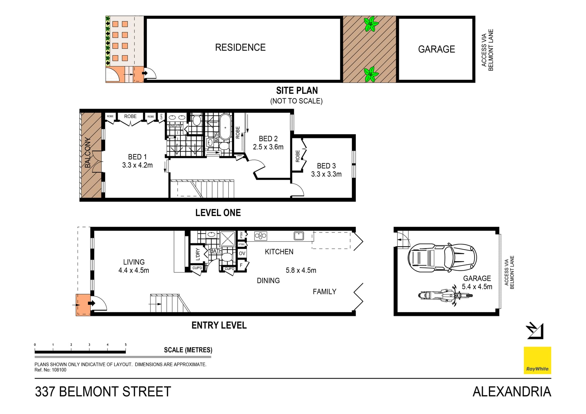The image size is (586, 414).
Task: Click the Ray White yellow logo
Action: [x=537, y=360]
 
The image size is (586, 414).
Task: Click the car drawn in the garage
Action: [x=442, y=258]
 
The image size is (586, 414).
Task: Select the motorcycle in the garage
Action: [x=445, y=296]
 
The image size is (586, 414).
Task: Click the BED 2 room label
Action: [x=268, y=139]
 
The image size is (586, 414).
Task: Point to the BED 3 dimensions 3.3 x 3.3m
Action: [x=326, y=174]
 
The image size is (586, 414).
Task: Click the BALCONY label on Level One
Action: [x=88, y=153]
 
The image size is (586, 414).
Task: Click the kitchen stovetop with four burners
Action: [x=260, y=236]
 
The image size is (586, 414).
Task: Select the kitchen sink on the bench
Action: [x=298, y=236]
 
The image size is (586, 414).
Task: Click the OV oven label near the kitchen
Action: [x=242, y=254]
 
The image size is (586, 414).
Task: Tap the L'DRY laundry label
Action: [x=197, y=254]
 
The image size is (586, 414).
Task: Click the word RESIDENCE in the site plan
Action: [x=240, y=48]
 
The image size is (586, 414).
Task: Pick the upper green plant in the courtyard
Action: [x=371, y=24]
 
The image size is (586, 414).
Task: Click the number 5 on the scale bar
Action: [x=125, y=345]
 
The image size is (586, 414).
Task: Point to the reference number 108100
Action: [x=59, y=370]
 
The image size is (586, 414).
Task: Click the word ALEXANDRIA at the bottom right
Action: [x=512, y=392]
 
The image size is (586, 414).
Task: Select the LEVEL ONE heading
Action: [x=218, y=213]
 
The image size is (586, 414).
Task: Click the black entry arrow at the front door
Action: [x=91, y=303]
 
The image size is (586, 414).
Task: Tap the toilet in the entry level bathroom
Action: [x=226, y=257]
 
